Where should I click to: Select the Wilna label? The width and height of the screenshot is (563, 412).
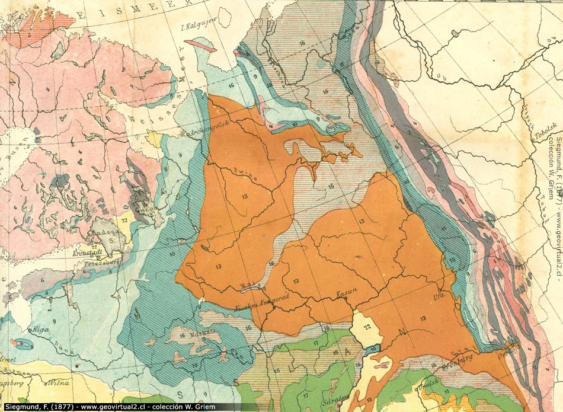[x=59, y=383]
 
